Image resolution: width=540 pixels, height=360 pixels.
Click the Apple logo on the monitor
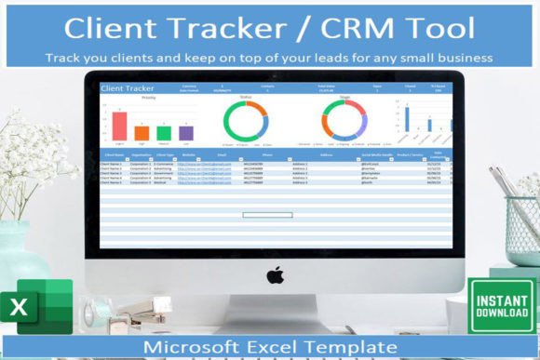click(275, 275)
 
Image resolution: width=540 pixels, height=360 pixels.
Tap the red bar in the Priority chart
click(120, 127)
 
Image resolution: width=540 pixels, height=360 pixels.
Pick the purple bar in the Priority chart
click(185, 134)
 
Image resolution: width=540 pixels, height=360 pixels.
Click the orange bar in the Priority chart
click(142, 131)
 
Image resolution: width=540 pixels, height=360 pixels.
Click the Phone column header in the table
click(267, 155)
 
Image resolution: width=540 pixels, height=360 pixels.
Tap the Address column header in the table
click(326, 155)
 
